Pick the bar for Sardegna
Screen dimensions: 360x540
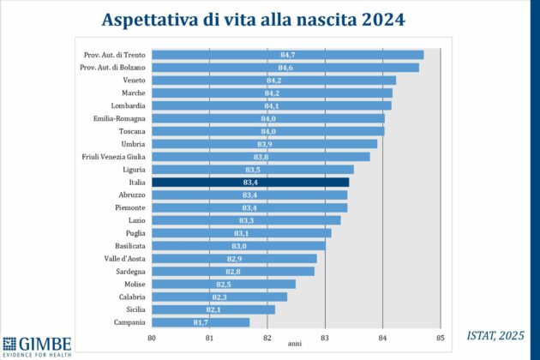(231, 271)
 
